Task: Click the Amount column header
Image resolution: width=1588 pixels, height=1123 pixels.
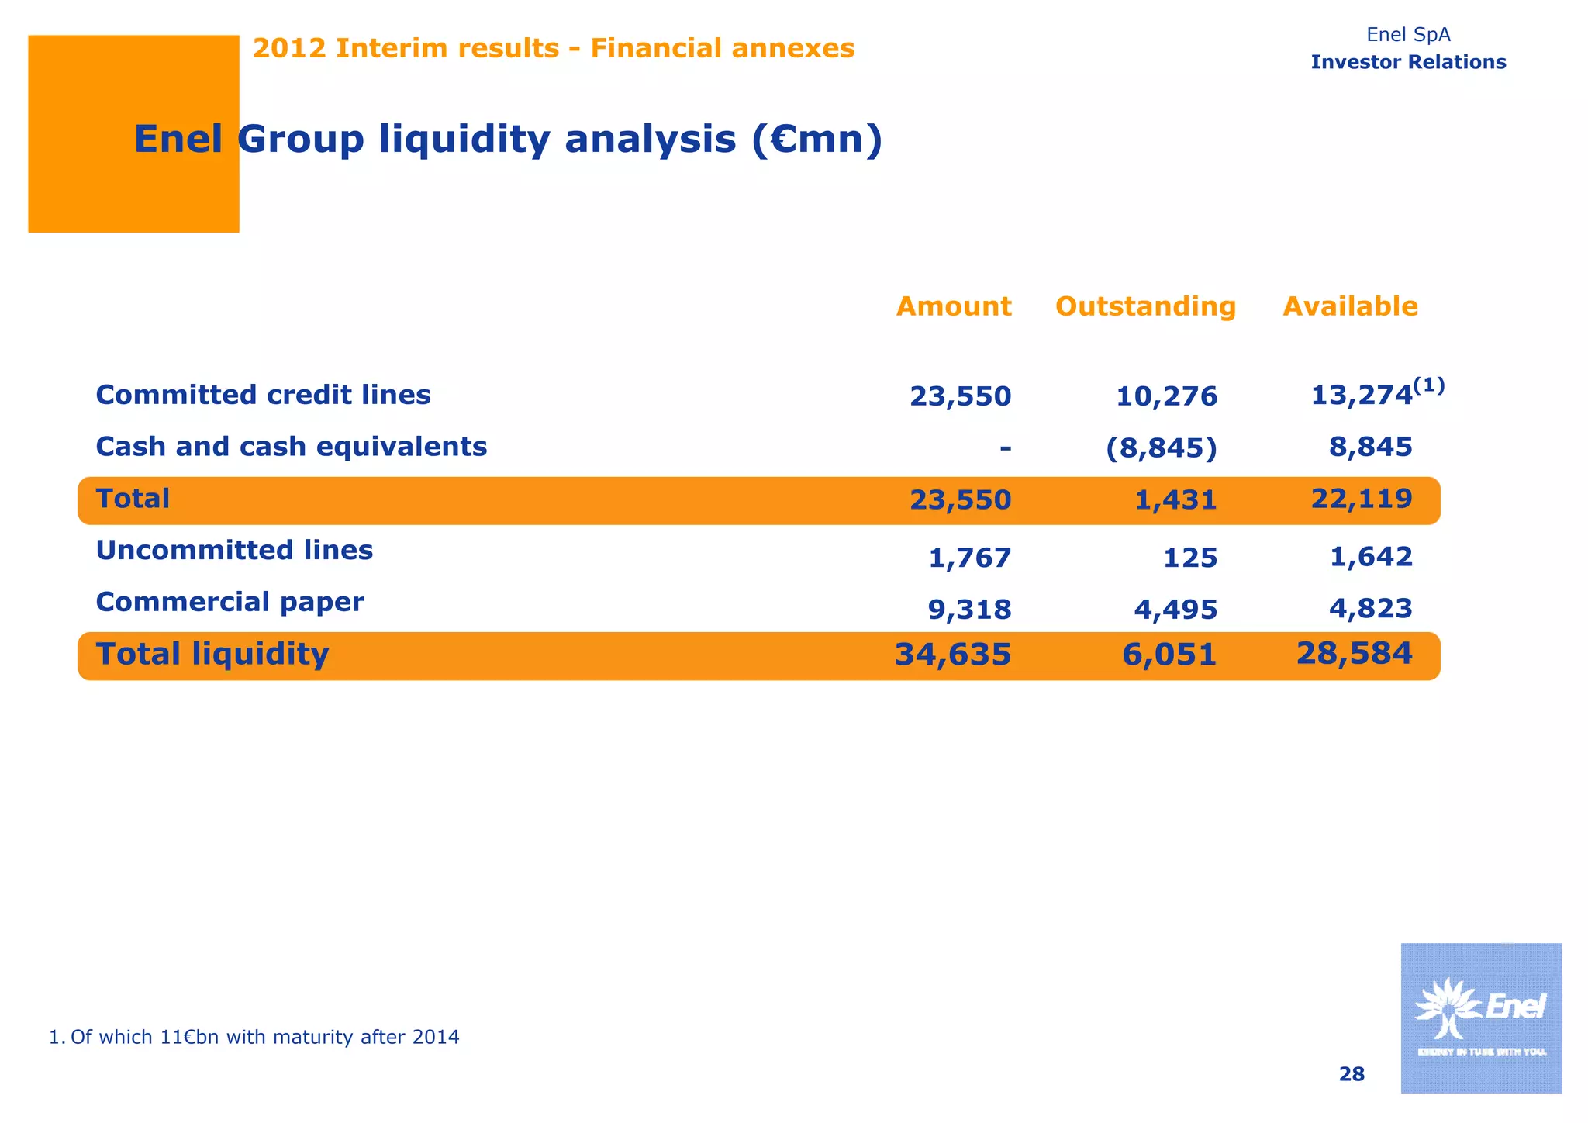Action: point(953,306)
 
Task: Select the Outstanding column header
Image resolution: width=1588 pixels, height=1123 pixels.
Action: point(1145,306)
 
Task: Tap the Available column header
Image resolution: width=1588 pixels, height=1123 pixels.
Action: point(1350,306)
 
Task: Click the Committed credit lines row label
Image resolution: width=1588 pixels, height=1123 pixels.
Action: point(263,395)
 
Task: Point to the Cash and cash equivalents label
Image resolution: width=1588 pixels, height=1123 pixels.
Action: point(291,447)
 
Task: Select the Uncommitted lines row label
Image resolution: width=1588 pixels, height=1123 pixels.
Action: point(234,550)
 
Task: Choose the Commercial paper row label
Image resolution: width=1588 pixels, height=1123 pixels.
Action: point(230,602)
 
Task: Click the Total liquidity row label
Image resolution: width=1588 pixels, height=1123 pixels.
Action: point(212,654)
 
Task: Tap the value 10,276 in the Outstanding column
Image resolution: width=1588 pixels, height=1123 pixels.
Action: point(1166,396)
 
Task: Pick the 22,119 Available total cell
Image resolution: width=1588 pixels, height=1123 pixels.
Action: point(1361,498)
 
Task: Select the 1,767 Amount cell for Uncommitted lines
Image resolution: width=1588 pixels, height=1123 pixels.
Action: point(969,558)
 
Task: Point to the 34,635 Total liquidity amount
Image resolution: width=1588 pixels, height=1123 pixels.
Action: point(952,655)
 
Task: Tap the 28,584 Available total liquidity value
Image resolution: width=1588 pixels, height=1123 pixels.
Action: point(1353,653)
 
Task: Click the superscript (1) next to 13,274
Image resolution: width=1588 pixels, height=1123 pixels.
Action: point(1428,385)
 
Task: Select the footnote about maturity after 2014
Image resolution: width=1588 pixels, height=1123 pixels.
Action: point(254,1037)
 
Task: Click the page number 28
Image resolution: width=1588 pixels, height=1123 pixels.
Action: point(1352,1074)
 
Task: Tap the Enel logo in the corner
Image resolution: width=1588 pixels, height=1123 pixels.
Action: point(1480,1018)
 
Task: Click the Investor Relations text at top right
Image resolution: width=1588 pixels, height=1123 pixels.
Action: point(1408,62)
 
